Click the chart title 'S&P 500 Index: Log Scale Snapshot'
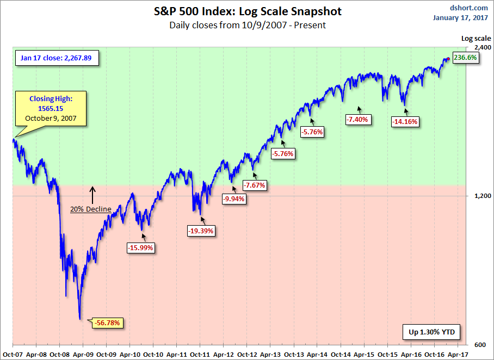tap(248, 11)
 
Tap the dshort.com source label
tap(468, 8)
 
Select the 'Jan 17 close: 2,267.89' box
tap(57, 58)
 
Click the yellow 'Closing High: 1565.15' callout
tap(51, 109)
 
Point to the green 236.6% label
tap(465, 58)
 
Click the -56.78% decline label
tap(107, 323)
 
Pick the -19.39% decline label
tap(201, 231)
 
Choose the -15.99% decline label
tap(140, 248)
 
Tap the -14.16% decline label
tap(405, 122)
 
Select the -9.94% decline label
tap(233, 199)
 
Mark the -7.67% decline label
tap(255, 185)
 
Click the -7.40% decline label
tap(357, 120)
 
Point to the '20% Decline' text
tap(91, 209)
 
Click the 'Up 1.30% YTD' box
tap(431, 332)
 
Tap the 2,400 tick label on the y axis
tap(483, 47)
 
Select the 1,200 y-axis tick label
tap(483, 196)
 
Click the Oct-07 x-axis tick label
tap(13, 355)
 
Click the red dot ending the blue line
tap(448, 59)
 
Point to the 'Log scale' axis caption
tap(476, 39)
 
